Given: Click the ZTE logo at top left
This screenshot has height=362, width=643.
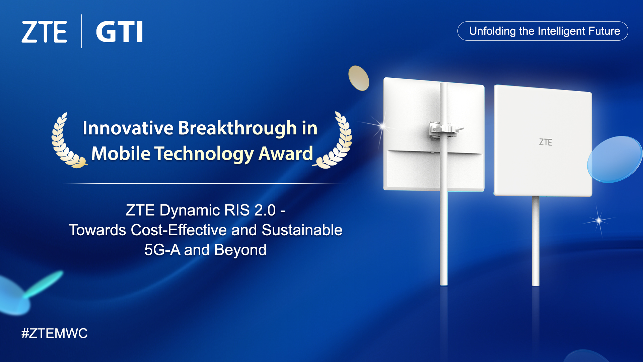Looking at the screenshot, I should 44,32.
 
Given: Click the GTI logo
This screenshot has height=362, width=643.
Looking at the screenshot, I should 120,32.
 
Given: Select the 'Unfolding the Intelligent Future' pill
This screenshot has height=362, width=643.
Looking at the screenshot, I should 543,31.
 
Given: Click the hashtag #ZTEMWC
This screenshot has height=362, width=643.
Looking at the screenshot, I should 55,334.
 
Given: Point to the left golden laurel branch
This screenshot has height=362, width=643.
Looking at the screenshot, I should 65,142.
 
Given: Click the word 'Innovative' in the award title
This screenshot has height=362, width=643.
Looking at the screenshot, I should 128,128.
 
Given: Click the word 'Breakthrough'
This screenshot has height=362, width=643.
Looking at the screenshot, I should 238,128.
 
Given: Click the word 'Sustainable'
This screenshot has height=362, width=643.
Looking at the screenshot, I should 302,230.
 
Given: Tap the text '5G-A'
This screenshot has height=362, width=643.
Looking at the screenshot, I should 162,250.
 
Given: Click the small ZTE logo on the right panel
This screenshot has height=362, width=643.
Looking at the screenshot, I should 545,142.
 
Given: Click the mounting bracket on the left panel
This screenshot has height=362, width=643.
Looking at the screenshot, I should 442,129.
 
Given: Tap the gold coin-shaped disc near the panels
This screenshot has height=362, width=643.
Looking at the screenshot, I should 359,78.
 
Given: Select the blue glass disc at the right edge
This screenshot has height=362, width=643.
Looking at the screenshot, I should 615,159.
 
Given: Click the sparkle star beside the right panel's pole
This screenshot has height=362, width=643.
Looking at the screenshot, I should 599,220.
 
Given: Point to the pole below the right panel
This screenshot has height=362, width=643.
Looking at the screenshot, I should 535,241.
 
